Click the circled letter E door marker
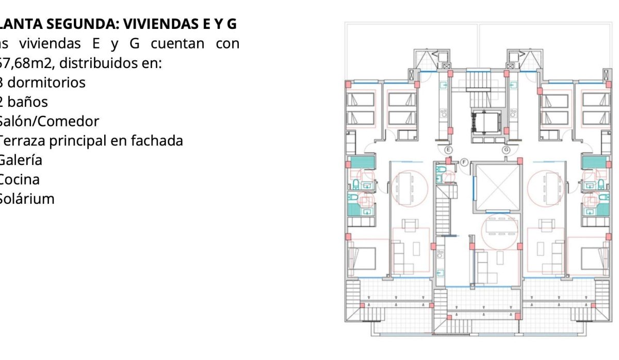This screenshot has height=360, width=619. [448, 150]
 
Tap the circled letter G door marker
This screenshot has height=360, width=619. [506, 150]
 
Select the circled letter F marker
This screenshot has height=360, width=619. [464, 162]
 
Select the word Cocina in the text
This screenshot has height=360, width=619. [19, 179]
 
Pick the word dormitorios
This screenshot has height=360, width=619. [46, 82]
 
